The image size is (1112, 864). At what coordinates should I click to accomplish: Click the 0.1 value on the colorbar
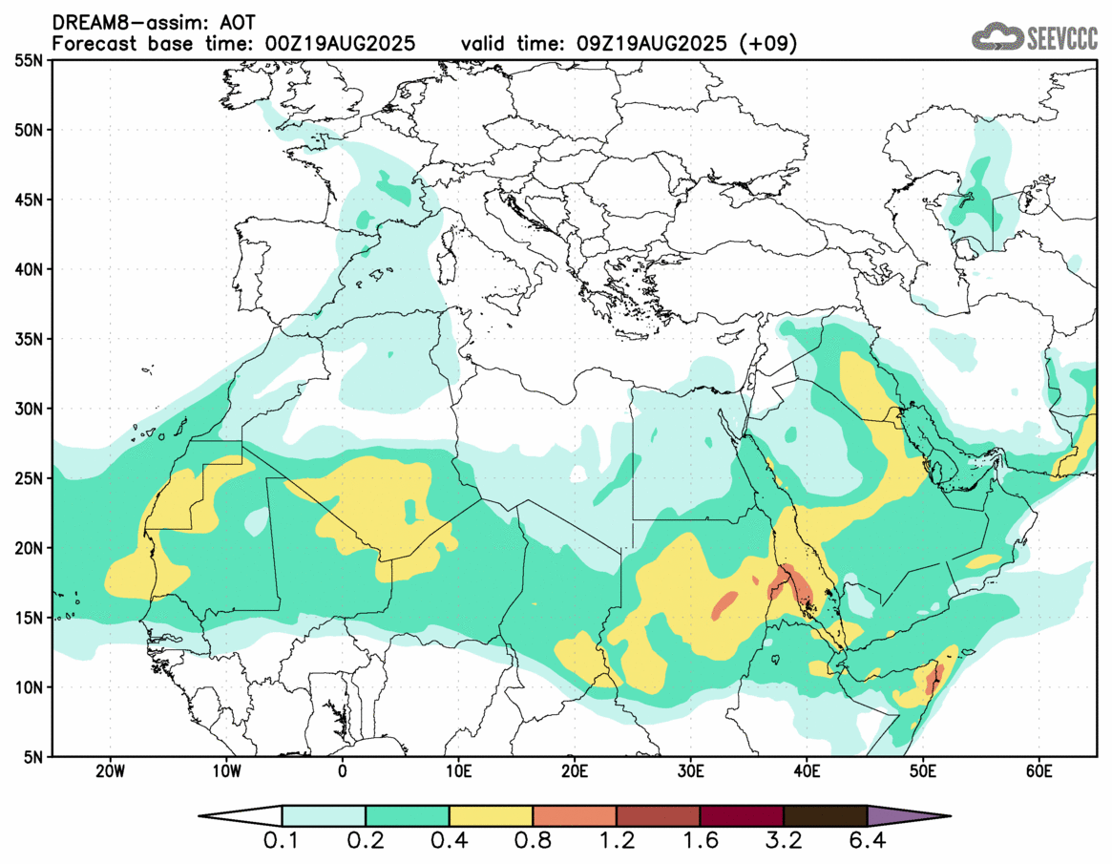point(283,843)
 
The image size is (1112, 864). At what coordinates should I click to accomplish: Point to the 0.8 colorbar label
point(533,843)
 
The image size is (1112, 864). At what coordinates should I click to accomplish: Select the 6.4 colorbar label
point(867,843)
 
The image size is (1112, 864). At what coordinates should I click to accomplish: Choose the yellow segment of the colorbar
point(491,816)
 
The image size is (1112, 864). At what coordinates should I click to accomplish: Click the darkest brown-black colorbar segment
point(825,816)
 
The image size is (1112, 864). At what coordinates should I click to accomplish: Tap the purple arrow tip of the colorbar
point(907,816)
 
